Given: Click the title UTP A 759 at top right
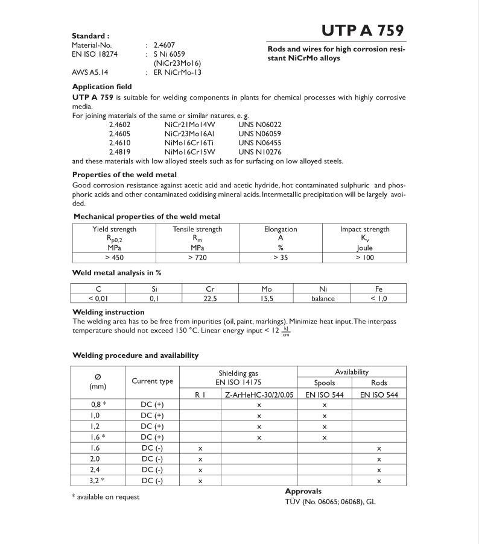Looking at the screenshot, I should click(363, 31).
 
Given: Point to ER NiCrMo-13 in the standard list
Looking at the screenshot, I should click(177, 72).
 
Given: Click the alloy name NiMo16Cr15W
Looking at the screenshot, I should click(189, 152).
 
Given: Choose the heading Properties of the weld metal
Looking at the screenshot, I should click(124, 175).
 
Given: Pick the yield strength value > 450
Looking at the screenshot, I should click(114, 257).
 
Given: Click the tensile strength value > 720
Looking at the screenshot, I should click(197, 257).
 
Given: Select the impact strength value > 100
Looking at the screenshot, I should click(364, 257).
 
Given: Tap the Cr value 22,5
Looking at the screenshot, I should click(210, 298).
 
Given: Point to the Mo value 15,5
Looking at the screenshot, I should click(266, 298).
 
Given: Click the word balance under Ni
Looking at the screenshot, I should click(323, 298).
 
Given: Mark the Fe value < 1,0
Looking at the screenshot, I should click(378, 298).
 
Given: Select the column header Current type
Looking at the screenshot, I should click(152, 381).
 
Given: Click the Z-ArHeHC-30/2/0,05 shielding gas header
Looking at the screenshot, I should click(259, 395).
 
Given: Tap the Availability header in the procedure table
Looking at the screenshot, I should click(352, 372).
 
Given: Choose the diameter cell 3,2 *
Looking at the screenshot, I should click(98, 480).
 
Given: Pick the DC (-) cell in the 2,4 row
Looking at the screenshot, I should click(152, 469).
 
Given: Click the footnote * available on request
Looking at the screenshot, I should click(106, 497).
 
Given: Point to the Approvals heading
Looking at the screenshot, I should click(303, 492).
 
